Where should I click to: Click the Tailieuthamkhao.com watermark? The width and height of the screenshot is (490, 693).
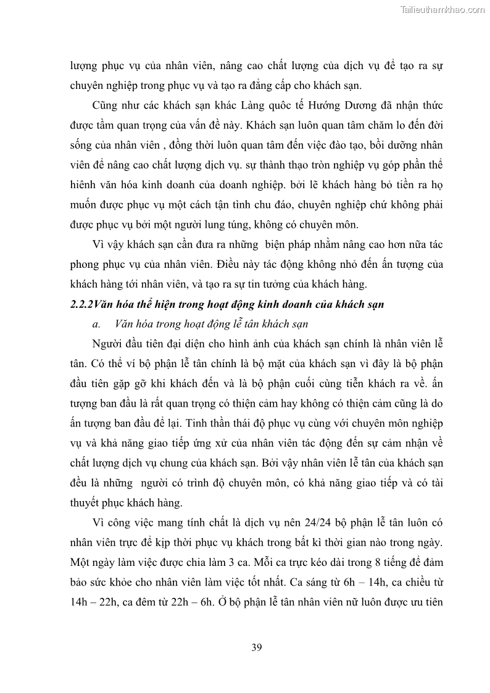(443, 9)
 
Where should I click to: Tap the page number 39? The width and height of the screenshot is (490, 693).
(257, 647)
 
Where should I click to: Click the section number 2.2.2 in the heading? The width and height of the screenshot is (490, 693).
(80, 303)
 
